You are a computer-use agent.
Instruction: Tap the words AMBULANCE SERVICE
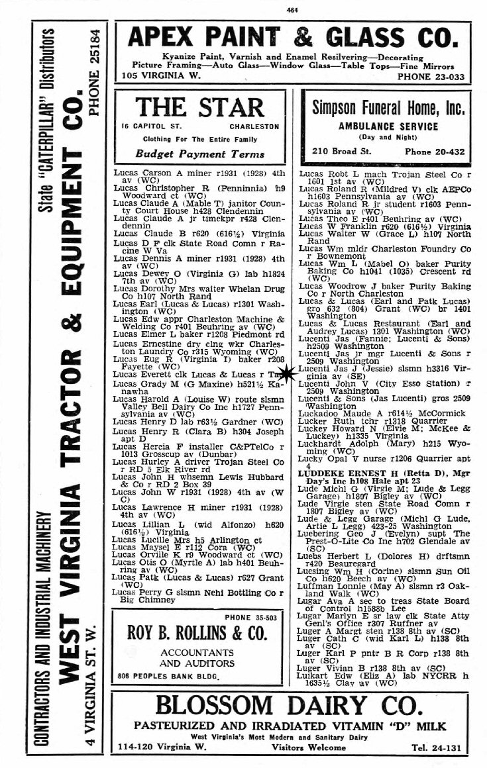pos(388,126)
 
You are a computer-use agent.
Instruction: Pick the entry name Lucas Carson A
pos(143,173)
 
